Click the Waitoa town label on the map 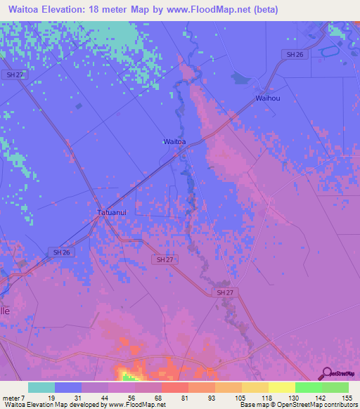click(174, 141)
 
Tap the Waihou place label click(268, 98)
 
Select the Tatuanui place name click(111, 211)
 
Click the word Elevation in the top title click(70, 10)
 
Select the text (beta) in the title click(266, 10)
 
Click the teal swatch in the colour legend click(41, 387)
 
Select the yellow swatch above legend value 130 click(282, 387)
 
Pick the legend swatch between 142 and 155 click(335, 387)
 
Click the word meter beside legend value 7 click(12, 398)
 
